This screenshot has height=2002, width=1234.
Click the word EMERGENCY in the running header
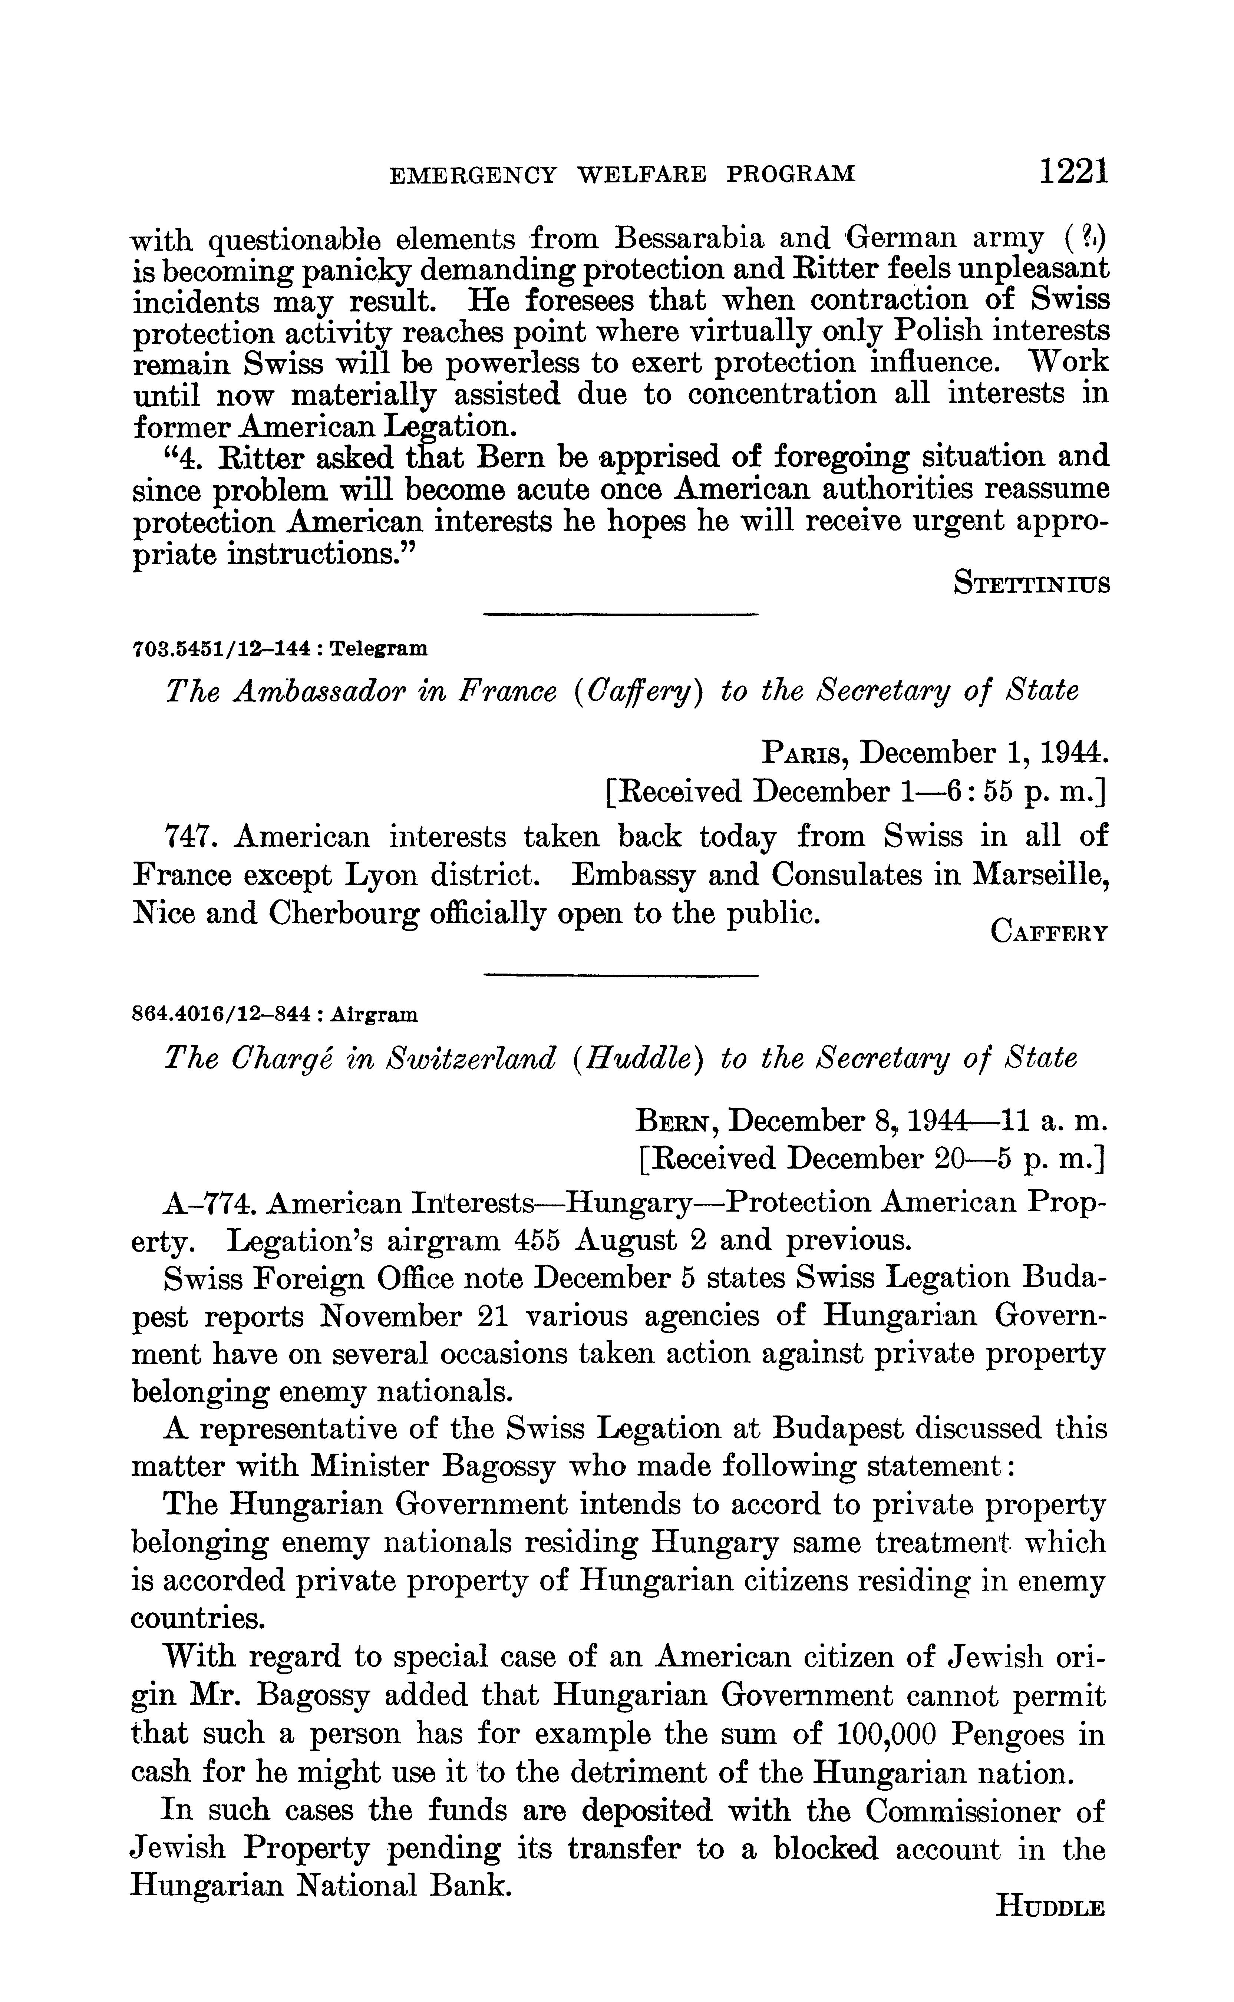(474, 175)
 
